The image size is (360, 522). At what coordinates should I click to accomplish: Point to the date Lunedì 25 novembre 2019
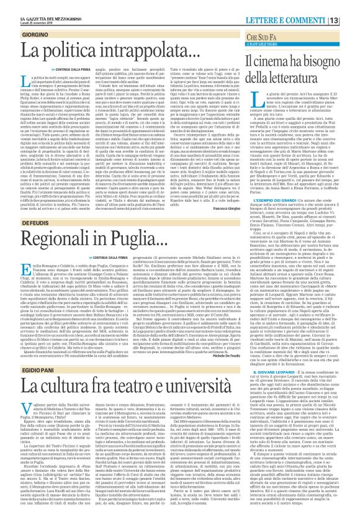click(29, 11)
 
